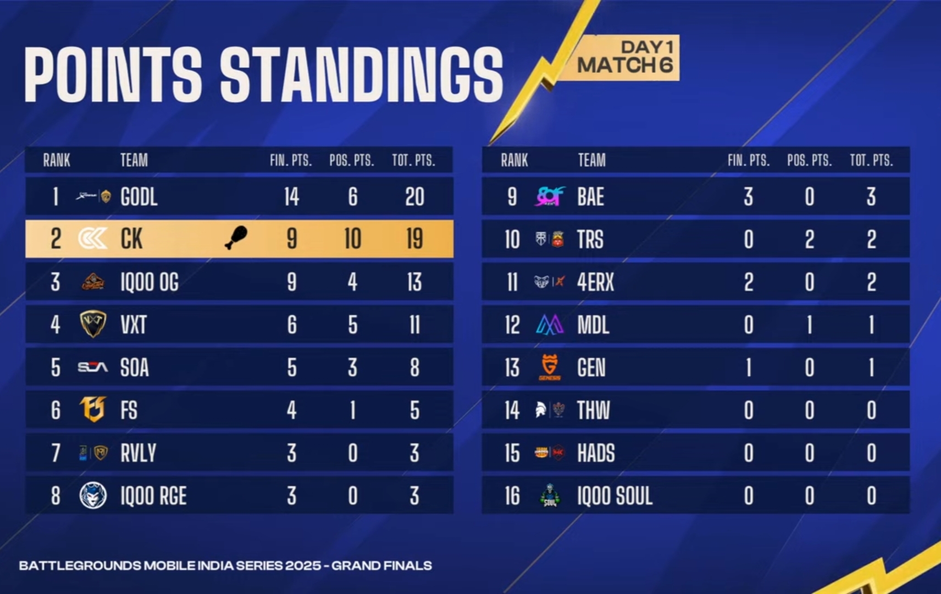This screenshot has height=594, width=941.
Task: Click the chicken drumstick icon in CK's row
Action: [236, 238]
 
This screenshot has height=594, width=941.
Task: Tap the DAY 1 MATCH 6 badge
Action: [626, 58]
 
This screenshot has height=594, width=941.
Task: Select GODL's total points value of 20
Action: [414, 197]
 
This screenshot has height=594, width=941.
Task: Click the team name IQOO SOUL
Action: [615, 496]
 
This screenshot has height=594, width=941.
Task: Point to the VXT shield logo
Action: [93, 324]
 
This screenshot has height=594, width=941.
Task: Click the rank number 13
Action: [512, 368]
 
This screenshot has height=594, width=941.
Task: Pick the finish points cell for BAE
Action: [748, 197]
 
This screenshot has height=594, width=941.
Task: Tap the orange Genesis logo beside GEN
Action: [550, 367]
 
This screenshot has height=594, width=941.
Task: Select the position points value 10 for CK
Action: [353, 239]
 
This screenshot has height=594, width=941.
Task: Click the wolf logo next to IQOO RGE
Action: [93, 495]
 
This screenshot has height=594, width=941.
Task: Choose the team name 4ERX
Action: [595, 282]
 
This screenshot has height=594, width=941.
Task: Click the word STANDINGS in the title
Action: [361, 74]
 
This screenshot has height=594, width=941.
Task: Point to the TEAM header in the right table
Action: [591, 160]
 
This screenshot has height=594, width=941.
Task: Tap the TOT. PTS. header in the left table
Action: [413, 160]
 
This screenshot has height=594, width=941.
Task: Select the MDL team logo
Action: [550, 324]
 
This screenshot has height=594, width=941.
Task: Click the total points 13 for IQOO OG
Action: [414, 282]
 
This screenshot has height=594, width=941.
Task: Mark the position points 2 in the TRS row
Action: [810, 240]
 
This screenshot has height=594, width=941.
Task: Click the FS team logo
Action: [93, 409]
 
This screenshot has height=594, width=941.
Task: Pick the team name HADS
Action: [596, 453]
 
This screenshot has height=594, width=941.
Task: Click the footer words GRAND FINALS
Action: [381, 566]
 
